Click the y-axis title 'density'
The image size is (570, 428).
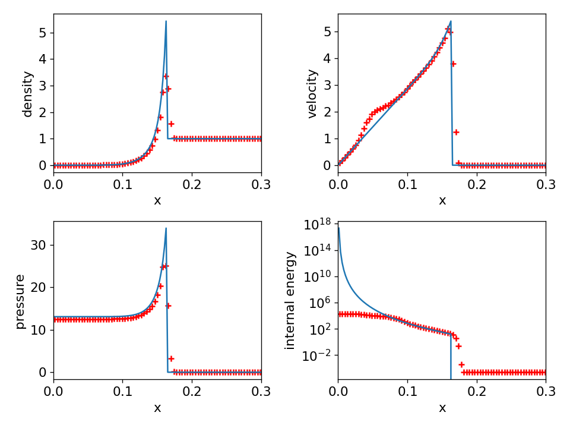(x=27, y=94)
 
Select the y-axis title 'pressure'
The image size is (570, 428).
(x=20, y=301)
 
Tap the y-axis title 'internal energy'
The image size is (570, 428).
(x=290, y=300)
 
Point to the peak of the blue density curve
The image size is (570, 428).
(x=166, y=21)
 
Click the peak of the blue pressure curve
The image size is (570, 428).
(x=166, y=228)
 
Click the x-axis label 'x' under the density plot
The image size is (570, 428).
(x=157, y=201)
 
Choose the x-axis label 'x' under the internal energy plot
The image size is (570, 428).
(x=442, y=408)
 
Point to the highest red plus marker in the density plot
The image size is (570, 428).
(x=166, y=76)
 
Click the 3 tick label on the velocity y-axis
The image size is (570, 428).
(x=327, y=85)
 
